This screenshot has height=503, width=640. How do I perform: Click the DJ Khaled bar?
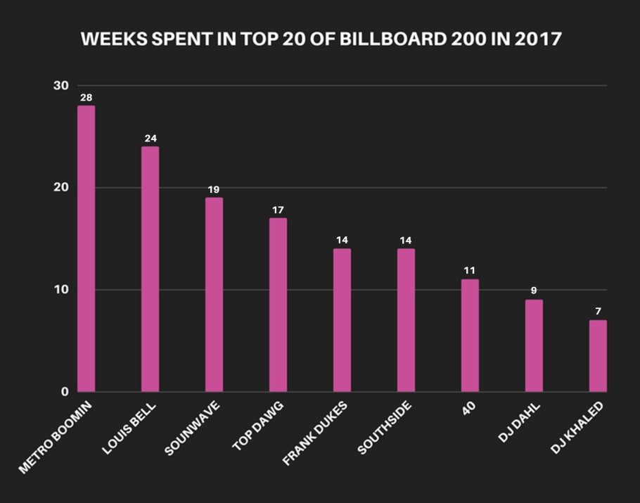[598, 356]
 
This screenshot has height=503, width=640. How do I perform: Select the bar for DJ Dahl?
[534, 345]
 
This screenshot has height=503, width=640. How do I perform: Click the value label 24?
[150, 139]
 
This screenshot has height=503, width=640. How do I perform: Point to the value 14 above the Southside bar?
[406, 241]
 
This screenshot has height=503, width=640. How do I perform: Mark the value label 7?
[598, 312]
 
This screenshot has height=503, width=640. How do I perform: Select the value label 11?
[470, 271]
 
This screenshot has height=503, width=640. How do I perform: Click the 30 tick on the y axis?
[60, 86]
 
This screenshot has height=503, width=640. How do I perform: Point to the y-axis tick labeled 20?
[60, 188]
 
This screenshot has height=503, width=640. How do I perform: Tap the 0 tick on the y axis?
[64, 392]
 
